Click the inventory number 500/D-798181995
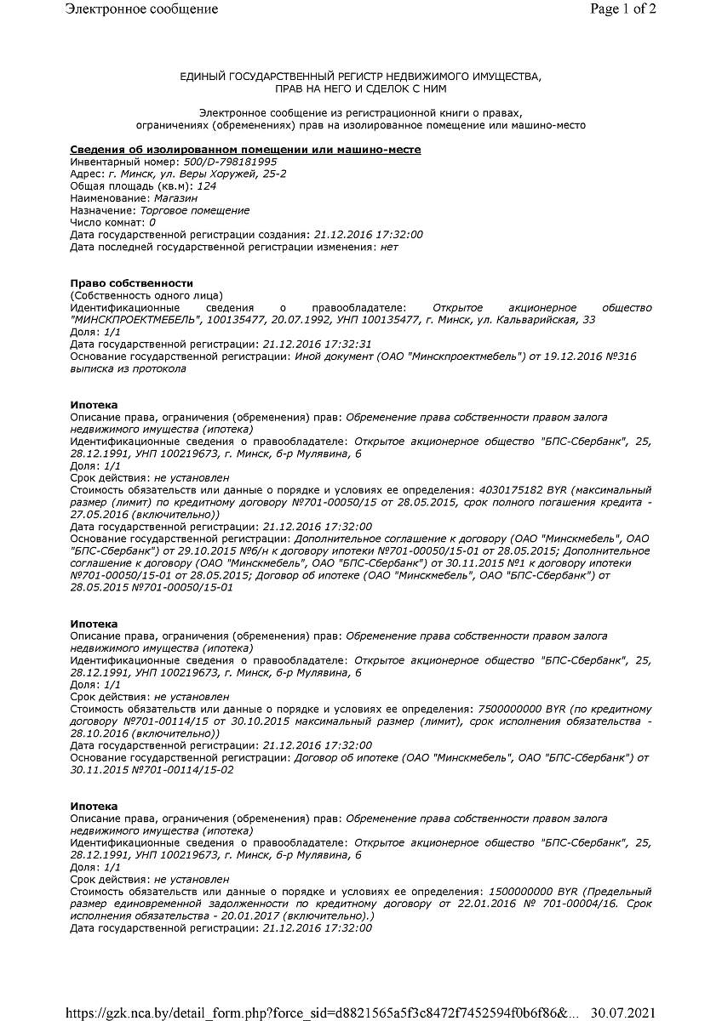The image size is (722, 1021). [x=230, y=162]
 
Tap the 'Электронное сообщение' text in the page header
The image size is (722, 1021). [x=141, y=9]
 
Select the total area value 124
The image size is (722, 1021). [x=206, y=185]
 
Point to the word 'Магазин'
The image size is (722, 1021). [x=175, y=198]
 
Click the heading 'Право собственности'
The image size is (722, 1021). [x=132, y=283]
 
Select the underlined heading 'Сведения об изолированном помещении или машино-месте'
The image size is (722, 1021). [x=245, y=150]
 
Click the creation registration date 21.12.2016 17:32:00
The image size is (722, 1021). [x=368, y=235]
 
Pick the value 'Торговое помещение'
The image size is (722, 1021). [x=195, y=210]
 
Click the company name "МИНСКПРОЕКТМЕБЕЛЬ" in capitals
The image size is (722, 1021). [x=137, y=320]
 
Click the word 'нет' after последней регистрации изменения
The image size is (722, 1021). [x=389, y=247]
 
